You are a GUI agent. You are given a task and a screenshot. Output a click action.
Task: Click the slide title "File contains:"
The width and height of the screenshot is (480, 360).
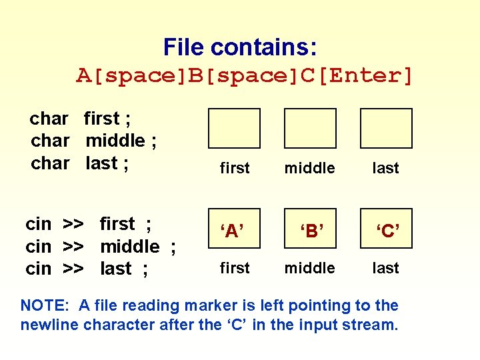(240, 47)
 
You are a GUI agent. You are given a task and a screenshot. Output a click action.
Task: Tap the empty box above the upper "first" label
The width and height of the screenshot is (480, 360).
(234, 128)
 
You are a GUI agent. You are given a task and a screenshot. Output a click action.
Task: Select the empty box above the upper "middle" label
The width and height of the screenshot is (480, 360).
(310, 128)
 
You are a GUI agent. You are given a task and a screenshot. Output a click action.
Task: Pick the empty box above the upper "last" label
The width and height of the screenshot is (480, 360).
(386, 128)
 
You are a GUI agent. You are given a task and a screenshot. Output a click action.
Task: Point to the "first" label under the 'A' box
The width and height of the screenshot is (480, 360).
(235, 268)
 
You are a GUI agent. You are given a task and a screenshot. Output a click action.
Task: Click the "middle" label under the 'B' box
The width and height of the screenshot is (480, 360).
(309, 268)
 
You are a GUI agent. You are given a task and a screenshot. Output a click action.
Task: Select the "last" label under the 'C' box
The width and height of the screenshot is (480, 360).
(385, 268)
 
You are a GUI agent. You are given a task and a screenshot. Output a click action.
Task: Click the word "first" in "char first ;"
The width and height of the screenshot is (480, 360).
(101, 119)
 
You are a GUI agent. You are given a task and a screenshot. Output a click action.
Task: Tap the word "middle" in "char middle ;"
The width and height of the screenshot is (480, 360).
(115, 141)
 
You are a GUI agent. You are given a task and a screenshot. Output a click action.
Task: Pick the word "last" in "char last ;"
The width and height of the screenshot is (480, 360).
(101, 163)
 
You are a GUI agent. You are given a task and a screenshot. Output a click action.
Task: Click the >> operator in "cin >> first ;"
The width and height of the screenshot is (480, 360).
(73, 225)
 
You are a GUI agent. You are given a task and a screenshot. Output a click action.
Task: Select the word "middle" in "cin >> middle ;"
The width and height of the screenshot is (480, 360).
(129, 247)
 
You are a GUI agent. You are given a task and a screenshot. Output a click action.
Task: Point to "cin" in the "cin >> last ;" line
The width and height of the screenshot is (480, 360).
(38, 269)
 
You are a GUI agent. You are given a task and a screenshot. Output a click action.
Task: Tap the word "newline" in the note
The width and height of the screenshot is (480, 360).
(48, 325)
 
